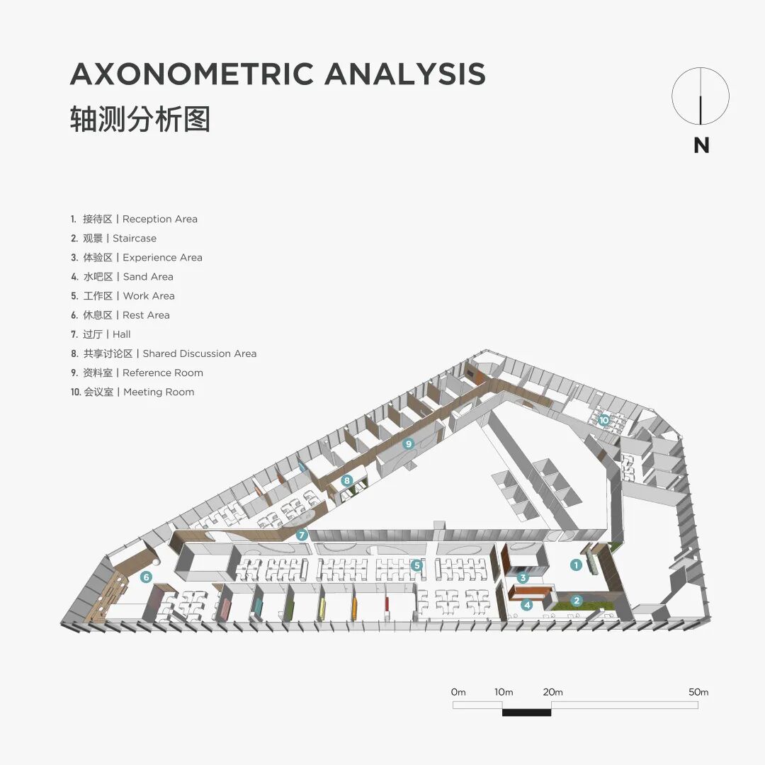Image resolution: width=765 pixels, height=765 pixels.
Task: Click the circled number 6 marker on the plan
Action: coord(146,577)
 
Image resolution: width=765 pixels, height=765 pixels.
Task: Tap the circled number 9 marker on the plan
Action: coord(408,444)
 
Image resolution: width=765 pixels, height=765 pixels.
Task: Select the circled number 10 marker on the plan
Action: coord(603,419)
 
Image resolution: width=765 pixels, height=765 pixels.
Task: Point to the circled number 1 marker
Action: coord(577,565)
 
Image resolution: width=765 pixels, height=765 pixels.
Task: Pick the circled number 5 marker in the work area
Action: coord(417,565)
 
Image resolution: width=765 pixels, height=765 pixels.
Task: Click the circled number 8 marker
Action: coord(346,480)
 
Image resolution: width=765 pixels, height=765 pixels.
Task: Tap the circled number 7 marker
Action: coord(302,535)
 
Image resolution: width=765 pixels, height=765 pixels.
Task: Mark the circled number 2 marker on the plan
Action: coord(577,601)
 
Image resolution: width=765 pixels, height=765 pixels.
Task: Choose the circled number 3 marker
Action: coord(523,577)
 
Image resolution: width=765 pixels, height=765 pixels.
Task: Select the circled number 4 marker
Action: coord(526,604)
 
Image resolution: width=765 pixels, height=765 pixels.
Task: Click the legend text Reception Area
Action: coord(160,219)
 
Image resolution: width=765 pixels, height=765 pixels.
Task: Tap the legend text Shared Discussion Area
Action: coord(200,353)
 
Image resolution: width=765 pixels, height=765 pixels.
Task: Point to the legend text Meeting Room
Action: coord(159,392)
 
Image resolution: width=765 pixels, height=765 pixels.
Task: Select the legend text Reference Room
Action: coord(163,373)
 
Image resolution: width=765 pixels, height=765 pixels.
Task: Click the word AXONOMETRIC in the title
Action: coord(192,74)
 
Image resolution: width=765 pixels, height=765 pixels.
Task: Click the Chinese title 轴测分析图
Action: coord(140,119)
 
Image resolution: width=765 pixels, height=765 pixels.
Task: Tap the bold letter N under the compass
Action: coord(701,145)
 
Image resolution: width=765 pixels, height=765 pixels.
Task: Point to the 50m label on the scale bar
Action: coord(698,692)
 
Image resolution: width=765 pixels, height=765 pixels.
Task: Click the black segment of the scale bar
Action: coord(526,711)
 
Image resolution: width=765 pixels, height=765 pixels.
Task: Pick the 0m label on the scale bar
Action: coord(458,692)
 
